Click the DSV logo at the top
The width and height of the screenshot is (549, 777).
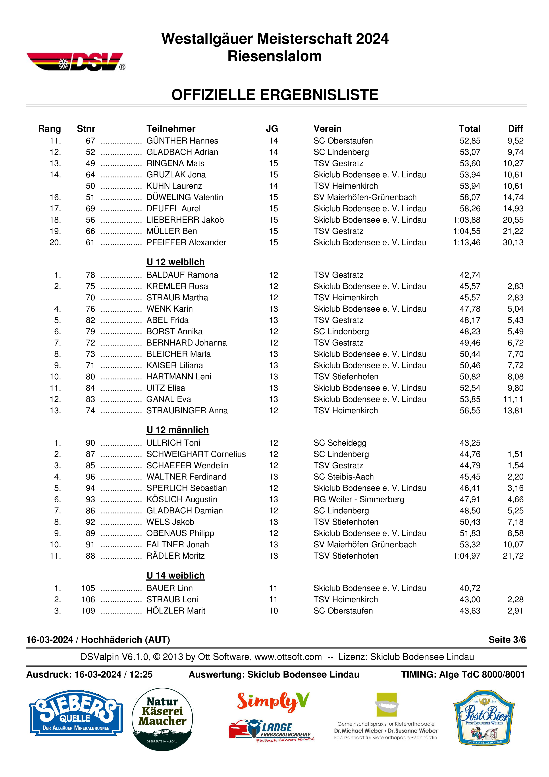[75, 62]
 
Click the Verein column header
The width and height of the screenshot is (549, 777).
[327, 129]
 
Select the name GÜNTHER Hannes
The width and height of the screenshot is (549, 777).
[182, 141]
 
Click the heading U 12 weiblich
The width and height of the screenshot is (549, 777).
[175, 262]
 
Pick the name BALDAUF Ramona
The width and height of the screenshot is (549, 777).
[182, 275]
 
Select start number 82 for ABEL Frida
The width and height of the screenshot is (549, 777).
[90, 320]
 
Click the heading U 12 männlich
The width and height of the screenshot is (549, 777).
[177, 430]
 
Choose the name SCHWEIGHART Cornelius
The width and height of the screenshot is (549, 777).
[196, 454]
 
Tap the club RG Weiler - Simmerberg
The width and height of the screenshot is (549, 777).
[359, 499]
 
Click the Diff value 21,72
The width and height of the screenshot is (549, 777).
[513, 556]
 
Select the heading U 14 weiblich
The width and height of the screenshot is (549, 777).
[175, 576]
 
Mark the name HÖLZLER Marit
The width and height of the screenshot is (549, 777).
[176, 611]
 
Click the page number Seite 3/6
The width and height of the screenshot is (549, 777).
[507, 640]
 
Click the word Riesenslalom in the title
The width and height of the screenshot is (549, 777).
[274, 56]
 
